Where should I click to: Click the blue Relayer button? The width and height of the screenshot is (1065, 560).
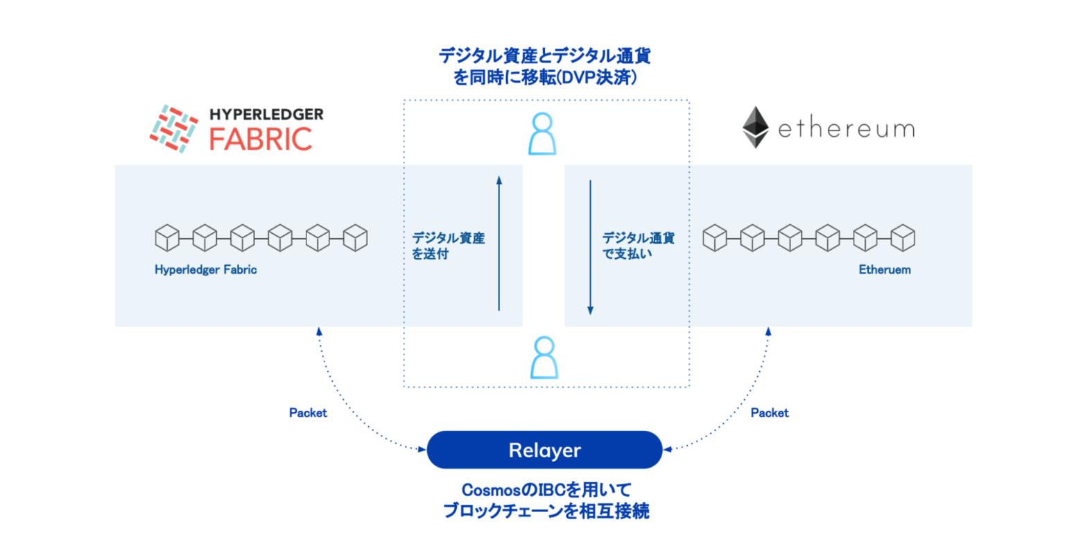[544, 450]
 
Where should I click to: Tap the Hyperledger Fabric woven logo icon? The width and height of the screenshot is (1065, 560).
[173, 128]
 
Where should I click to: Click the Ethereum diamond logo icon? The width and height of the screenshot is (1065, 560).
[755, 128]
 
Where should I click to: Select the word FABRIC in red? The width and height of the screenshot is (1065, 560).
[261, 139]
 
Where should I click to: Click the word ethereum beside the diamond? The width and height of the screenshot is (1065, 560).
[846, 129]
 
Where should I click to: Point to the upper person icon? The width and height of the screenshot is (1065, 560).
[542, 134]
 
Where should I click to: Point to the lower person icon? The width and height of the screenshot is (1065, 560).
[544, 358]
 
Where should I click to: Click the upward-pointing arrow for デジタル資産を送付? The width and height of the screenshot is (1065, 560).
[499, 243]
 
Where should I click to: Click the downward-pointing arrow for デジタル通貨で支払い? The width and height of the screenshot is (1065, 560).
[590, 247]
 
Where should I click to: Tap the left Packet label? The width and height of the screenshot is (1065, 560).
[308, 413]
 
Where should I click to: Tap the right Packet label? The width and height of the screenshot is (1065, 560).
[770, 413]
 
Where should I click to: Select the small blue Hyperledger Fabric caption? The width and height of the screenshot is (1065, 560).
[205, 270]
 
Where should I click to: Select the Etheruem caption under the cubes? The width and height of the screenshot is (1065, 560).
[884, 270]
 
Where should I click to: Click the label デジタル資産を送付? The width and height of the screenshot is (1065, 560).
[448, 246]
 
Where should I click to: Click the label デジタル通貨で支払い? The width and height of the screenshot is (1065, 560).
[637, 246]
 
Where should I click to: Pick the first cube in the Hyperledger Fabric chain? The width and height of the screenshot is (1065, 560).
[167, 238]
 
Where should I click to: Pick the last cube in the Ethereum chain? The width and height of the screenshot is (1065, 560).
[902, 238]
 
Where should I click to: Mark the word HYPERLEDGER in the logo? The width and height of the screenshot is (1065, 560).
[266, 114]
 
